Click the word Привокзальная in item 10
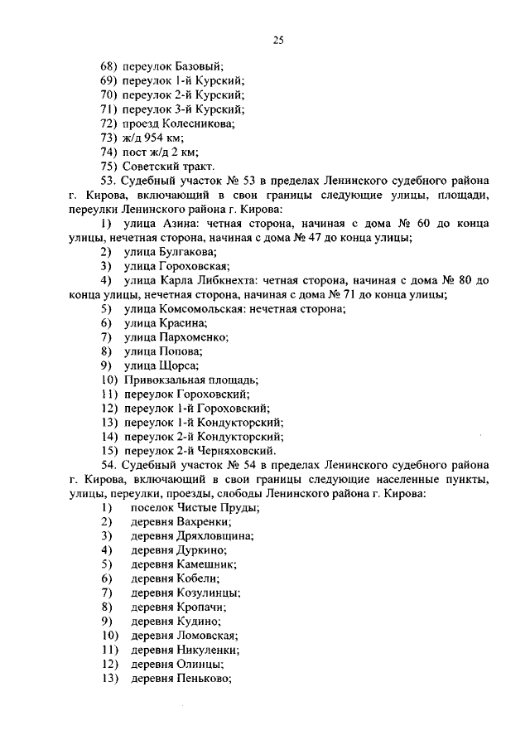pos(161,380)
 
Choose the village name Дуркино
pos(200,549)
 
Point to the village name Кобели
pos(197,578)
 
